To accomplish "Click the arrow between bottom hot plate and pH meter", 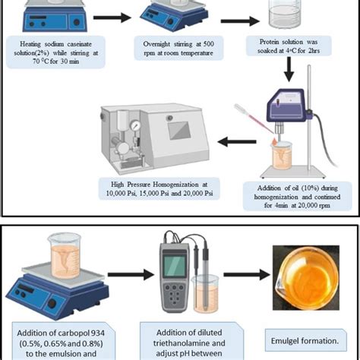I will coord(116,275).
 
